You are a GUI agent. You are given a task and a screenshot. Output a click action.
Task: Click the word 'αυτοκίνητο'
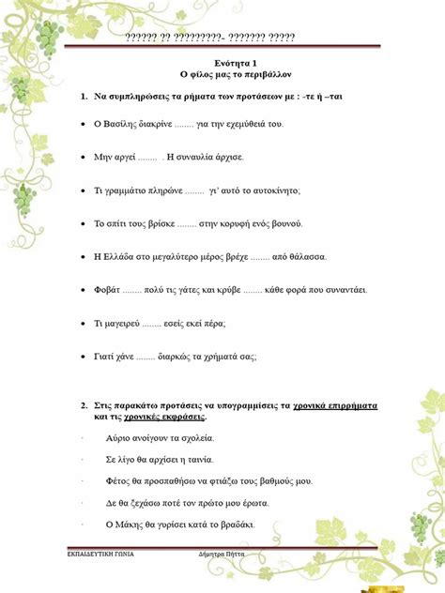pyautogui.click(x=269, y=190)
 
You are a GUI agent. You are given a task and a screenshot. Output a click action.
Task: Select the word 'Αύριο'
pyautogui.click(x=119, y=438)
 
